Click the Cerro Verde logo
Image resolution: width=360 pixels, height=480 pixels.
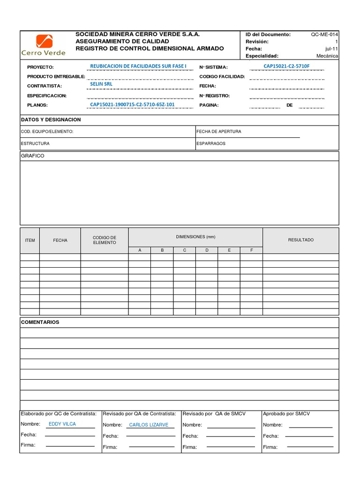click(x=44, y=45)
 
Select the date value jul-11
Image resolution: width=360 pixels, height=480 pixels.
click(x=331, y=49)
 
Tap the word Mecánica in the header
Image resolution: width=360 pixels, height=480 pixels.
click(x=327, y=56)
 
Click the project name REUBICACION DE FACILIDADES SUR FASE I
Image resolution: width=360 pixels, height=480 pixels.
click(x=138, y=66)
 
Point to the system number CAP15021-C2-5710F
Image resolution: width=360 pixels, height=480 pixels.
click(x=286, y=66)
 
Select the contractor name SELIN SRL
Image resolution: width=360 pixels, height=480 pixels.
click(x=101, y=84)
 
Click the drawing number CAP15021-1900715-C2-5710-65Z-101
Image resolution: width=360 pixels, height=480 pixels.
click(x=132, y=105)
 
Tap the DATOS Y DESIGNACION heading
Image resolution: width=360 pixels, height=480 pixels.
click(x=51, y=120)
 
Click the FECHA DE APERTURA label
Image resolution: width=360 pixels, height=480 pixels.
click(x=219, y=132)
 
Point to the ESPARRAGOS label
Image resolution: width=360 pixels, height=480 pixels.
click(x=211, y=143)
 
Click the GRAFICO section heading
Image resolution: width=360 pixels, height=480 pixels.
click(x=33, y=156)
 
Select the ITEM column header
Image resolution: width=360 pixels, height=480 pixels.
click(x=30, y=240)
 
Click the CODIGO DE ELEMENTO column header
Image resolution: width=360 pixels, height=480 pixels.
click(x=104, y=240)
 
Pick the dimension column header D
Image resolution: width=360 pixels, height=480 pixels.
click(x=207, y=250)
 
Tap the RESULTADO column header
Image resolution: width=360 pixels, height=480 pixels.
click(x=300, y=240)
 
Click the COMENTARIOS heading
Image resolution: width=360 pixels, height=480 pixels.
click(x=40, y=322)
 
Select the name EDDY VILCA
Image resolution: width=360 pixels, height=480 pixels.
click(x=62, y=424)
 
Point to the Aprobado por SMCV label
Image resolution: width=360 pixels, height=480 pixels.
click(x=286, y=414)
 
